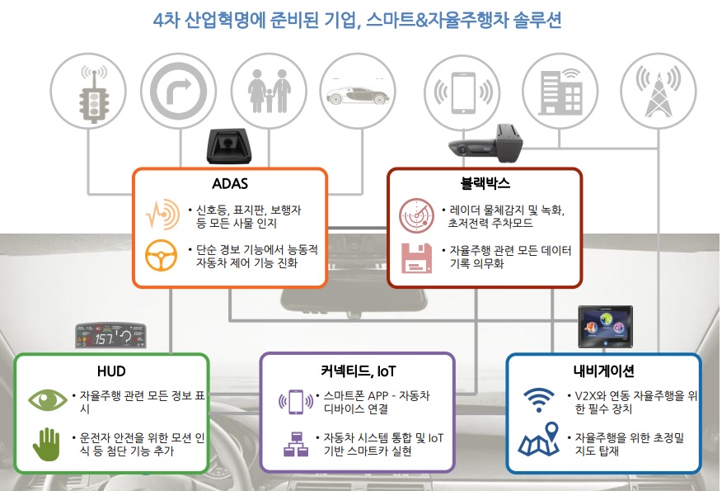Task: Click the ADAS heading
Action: [230, 182]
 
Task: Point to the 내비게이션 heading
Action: [603, 371]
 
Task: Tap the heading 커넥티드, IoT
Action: [357, 371]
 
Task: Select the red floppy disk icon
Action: [415, 257]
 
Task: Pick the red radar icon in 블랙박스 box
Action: [415, 216]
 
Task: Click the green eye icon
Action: [48, 401]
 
